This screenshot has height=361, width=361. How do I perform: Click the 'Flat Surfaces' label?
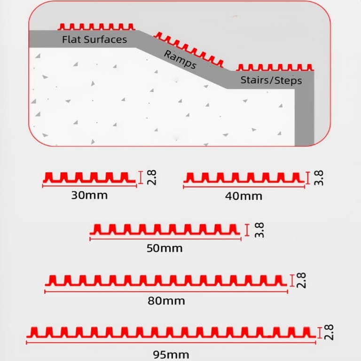(x=94, y=39)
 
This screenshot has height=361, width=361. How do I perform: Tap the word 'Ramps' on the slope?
(x=180, y=60)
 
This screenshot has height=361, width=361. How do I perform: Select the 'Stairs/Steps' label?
(x=271, y=80)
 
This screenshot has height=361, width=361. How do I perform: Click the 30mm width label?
(x=89, y=196)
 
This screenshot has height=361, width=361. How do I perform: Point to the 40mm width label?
(x=243, y=196)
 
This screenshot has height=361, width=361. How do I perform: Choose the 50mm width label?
(x=165, y=248)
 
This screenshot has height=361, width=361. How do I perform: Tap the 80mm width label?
(x=166, y=301)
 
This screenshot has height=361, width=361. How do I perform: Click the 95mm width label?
(x=171, y=354)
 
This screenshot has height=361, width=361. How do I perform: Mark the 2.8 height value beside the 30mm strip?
(x=152, y=178)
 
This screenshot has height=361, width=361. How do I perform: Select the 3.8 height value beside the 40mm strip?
(x=319, y=178)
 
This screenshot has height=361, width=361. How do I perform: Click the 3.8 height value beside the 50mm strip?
(x=259, y=230)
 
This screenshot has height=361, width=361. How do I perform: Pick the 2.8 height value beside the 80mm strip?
(x=301, y=280)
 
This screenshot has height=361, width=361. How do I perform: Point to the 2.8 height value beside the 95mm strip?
(x=329, y=332)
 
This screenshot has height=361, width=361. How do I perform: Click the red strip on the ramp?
(x=188, y=49)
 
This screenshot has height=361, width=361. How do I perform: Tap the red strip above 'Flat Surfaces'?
(x=96, y=27)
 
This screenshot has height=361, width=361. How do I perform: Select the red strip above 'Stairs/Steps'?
(x=275, y=68)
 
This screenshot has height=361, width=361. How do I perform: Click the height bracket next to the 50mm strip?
(x=247, y=230)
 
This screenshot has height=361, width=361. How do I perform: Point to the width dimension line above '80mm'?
(x=166, y=292)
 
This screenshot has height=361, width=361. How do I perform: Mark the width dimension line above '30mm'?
(x=90, y=186)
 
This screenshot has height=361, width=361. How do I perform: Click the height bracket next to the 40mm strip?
(x=308, y=178)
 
